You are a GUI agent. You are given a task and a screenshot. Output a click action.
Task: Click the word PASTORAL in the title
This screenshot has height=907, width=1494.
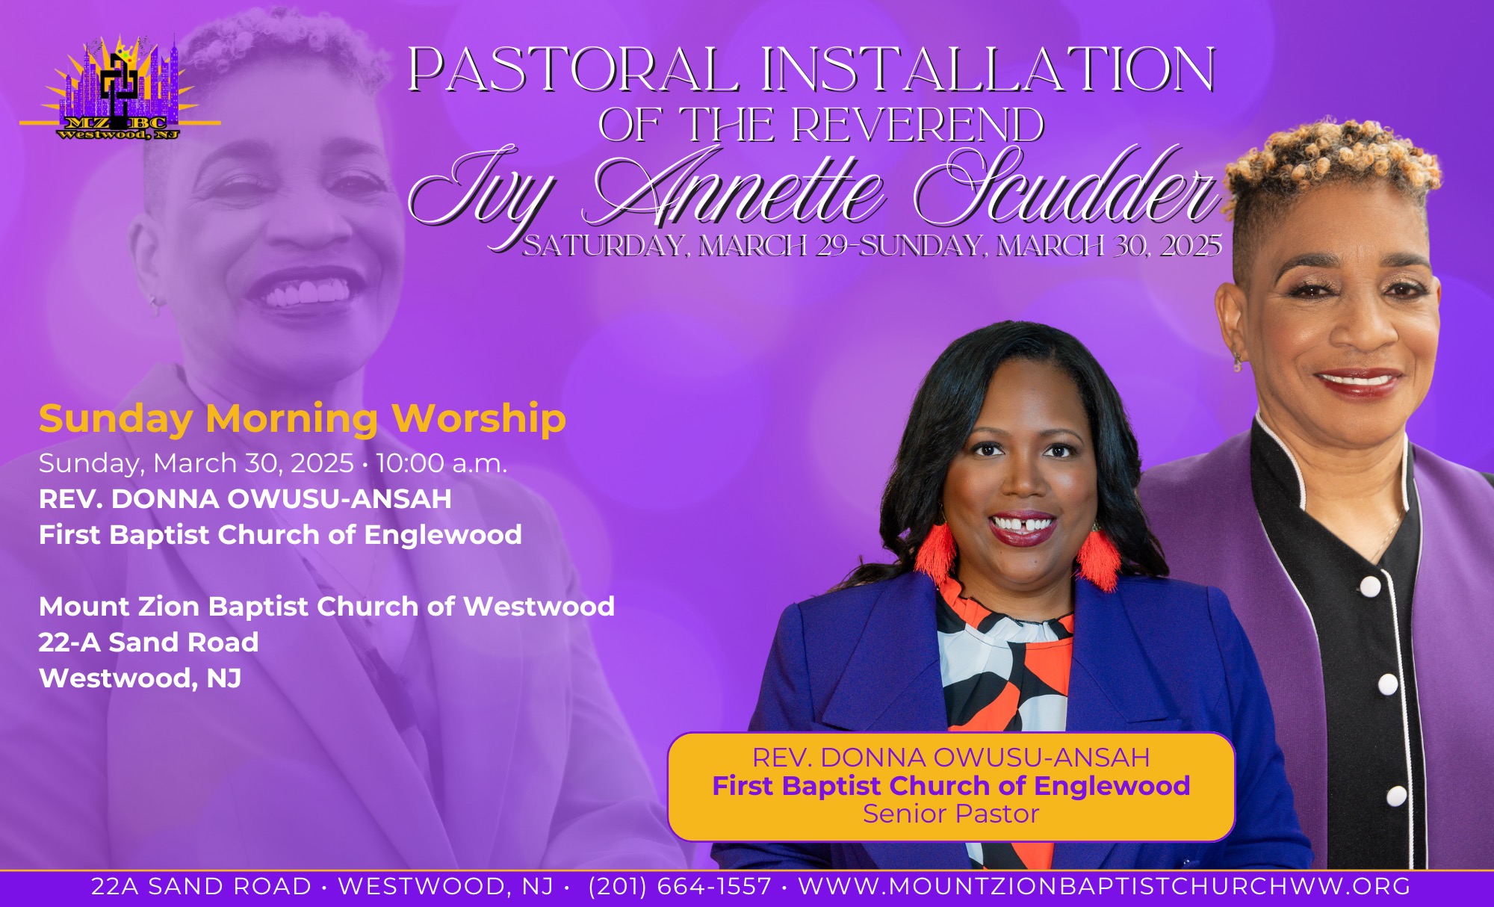coord(574,69)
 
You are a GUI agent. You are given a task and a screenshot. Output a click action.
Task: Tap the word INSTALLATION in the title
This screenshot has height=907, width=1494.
coord(988,69)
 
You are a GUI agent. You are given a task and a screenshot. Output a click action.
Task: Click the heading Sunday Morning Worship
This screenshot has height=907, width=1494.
coord(303,418)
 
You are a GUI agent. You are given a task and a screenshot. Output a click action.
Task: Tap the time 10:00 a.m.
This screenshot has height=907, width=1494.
coord(441,463)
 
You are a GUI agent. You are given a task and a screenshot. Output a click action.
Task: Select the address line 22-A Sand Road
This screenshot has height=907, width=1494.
coord(149,643)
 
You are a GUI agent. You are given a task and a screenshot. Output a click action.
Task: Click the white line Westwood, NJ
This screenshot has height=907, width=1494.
coord(140,678)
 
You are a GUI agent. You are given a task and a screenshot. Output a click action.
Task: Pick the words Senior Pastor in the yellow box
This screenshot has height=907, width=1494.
coord(951,814)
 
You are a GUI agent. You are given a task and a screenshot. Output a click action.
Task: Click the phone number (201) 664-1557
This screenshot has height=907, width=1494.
coord(680,886)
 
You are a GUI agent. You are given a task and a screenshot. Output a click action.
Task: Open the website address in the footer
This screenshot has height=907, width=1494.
coord(1104,886)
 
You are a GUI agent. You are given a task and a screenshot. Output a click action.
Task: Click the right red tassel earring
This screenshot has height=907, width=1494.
coord(1098,557)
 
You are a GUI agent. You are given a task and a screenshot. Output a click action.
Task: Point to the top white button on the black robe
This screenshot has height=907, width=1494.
coord(1370,586)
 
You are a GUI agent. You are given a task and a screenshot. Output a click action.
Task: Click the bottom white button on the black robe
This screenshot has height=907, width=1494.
coord(1397,796)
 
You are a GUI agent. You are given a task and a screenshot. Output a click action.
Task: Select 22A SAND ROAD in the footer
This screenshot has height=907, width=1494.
coord(201,886)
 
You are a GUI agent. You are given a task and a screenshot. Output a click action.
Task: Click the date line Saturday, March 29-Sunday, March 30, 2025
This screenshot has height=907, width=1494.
coord(872,246)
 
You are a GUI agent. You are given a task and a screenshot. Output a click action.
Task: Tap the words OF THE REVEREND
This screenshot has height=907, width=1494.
coord(821,124)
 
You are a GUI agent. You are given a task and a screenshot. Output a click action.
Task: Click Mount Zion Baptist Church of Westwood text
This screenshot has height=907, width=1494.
coord(326,607)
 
